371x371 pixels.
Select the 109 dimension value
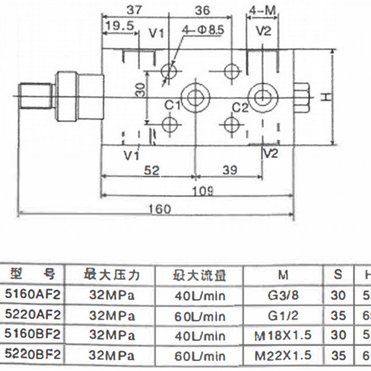203,190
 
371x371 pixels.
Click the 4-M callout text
263,10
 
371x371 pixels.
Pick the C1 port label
173,106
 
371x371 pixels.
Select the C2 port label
241,108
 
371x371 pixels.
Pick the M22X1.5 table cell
283,356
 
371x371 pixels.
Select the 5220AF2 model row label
32,316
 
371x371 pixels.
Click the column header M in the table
283,275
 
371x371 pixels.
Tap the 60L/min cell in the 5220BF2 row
200,356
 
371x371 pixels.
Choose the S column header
339,275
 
